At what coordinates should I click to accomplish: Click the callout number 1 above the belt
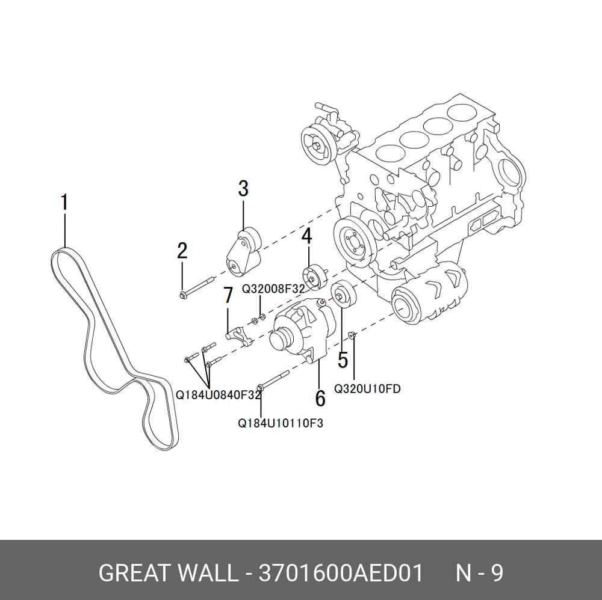coord(64,203)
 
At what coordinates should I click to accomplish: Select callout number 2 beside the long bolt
coord(182,251)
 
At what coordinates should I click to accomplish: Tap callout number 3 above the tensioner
coord(243,188)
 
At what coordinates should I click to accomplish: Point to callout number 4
coord(307,236)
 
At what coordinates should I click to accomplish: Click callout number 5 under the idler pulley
coord(343,360)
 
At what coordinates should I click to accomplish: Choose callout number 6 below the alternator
coord(320,397)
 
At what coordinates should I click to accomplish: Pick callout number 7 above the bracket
coord(228,295)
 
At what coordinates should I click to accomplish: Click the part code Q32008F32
coord(274,289)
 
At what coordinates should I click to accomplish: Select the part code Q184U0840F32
coord(218,395)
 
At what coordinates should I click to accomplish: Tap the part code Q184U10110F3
coord(281,423)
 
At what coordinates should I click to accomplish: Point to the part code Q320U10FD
coord(367,389)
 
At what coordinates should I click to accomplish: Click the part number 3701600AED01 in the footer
coord(341,573)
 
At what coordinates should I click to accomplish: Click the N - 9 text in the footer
coord(479,573)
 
